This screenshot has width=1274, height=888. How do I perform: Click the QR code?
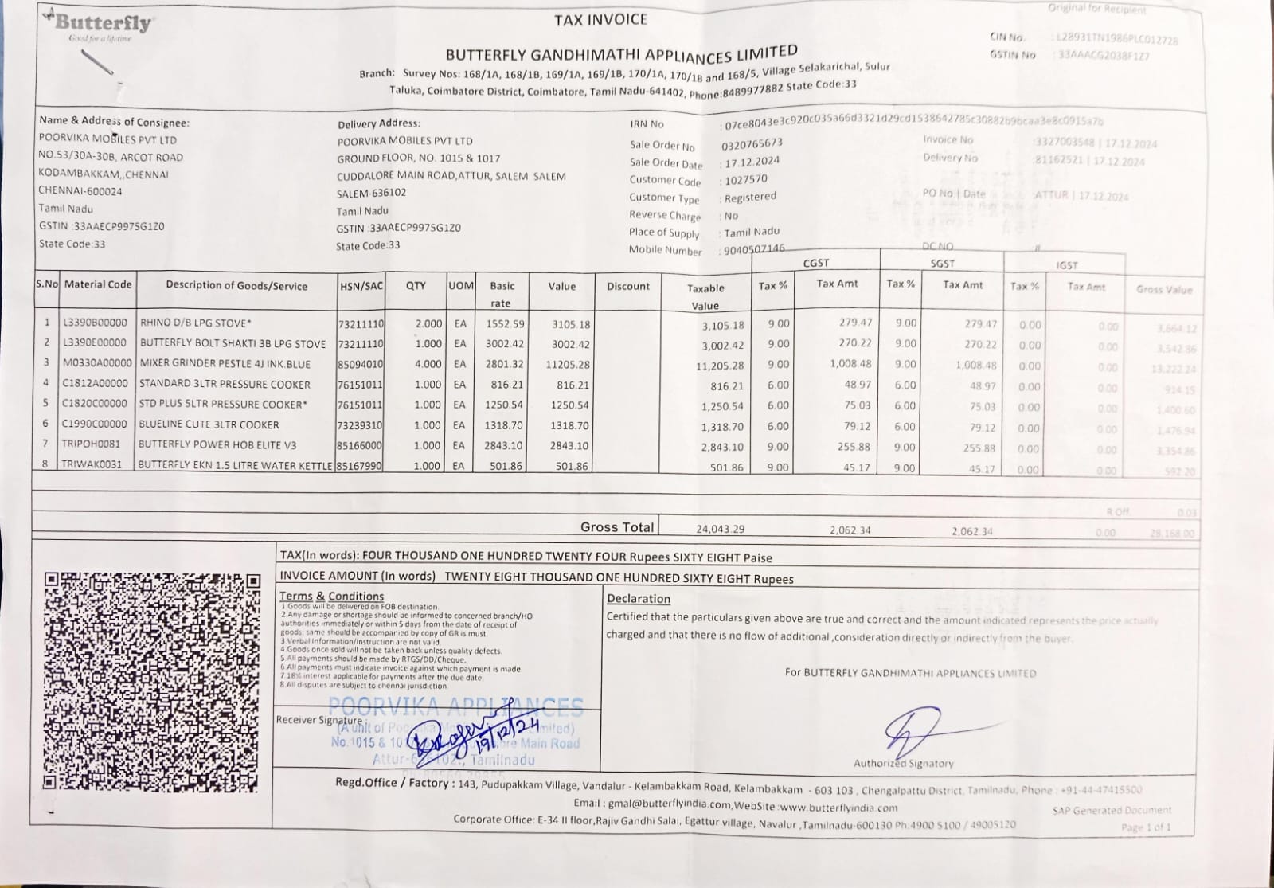tap(151, 682)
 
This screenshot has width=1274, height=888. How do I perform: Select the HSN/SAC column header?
tap(361, 286)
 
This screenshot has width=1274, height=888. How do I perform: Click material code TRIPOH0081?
tap(92, 444)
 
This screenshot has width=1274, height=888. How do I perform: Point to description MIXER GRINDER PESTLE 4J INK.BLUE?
tap(225, 364)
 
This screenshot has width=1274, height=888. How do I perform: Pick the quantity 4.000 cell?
tap(428, 364)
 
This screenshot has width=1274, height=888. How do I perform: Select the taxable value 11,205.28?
tap(722, 366)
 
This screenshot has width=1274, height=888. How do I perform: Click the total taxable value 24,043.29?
tap(720, 529)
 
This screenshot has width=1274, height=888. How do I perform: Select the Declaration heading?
tap(639, 599)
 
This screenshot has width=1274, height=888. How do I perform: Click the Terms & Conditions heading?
tap(331, 596)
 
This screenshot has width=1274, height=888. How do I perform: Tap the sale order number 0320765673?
tap(752, 143)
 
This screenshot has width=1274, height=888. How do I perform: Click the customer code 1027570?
tap(745, 180)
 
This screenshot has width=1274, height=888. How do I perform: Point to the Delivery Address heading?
tap(379, 123)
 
